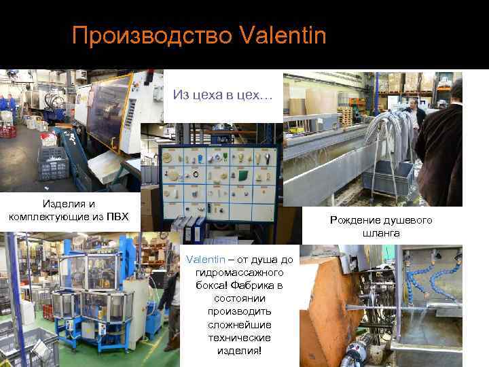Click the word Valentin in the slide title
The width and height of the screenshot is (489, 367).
tap(283, 35)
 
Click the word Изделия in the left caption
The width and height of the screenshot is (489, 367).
tap(59, 204)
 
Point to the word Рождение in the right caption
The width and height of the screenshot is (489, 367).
tap(358, 220)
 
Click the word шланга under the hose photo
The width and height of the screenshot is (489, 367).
tap(381, 233)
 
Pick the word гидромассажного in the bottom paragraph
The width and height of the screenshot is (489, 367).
tap(232, 272)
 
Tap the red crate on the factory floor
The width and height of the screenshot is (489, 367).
tap(7, 130)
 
